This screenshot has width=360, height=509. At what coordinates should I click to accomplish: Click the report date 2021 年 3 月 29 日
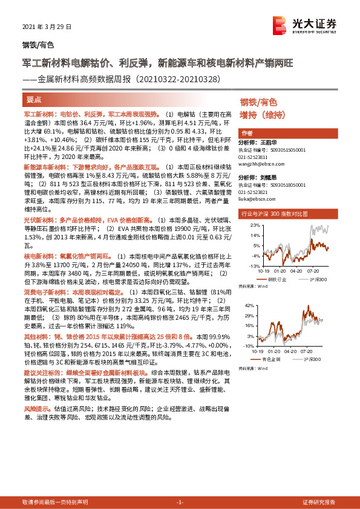point(47,27)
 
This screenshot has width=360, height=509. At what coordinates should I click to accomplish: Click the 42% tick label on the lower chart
point(248,306)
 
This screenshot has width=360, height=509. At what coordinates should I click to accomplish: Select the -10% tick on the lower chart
point(247,346)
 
